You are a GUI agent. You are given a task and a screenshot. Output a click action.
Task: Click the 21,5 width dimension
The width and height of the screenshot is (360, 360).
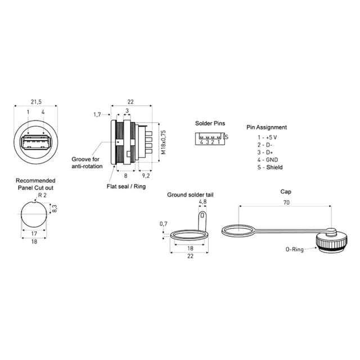coord(35,102)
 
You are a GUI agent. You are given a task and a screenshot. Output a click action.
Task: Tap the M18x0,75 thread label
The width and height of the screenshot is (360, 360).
coord(164,142)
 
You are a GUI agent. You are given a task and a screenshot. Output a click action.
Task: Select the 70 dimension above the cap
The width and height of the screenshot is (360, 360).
coord(286,201)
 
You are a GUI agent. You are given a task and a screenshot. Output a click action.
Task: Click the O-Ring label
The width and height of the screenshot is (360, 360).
coord(294,249)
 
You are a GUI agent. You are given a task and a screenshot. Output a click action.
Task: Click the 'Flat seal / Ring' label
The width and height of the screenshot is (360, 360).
coord(127,186)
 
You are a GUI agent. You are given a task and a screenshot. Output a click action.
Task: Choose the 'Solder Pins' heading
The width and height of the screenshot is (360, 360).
coord(210,123)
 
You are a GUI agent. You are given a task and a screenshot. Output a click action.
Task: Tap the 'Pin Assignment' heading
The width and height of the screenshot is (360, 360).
coord(267,127)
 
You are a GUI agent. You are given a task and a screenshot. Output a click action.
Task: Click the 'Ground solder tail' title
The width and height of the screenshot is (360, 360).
coord(190,195)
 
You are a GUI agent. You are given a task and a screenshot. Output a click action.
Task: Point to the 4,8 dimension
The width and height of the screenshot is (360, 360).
coord(203,201)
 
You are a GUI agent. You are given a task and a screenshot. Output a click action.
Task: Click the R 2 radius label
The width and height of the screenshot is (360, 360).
coord(42,195)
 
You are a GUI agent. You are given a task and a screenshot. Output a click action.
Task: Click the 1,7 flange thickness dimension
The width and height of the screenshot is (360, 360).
coord(97,114)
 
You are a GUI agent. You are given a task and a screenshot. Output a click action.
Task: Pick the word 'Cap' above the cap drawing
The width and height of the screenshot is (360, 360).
coord(286,191)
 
